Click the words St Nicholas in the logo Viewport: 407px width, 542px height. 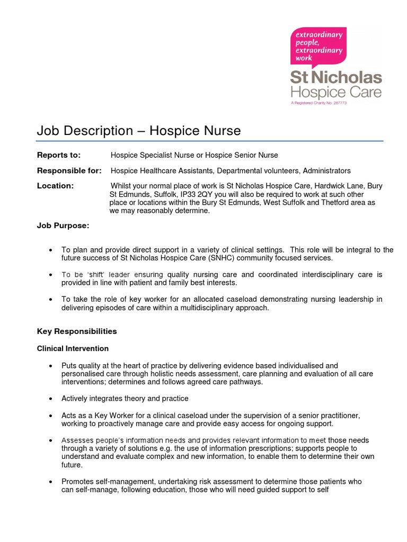pos(335,78)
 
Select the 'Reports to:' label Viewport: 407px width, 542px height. pos(58,155)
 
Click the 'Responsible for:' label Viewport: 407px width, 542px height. pos(69,170)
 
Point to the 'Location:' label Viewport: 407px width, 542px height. pos(55,186)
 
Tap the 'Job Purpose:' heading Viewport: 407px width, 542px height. pos(63,225)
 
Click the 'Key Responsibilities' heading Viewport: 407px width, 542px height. pos(76,331)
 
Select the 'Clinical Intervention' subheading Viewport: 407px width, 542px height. pos(73,348)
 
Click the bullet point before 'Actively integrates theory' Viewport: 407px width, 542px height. pos(50,399)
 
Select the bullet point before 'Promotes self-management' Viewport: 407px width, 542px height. pos(50,482)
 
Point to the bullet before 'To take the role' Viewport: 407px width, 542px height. pos(50,300)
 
